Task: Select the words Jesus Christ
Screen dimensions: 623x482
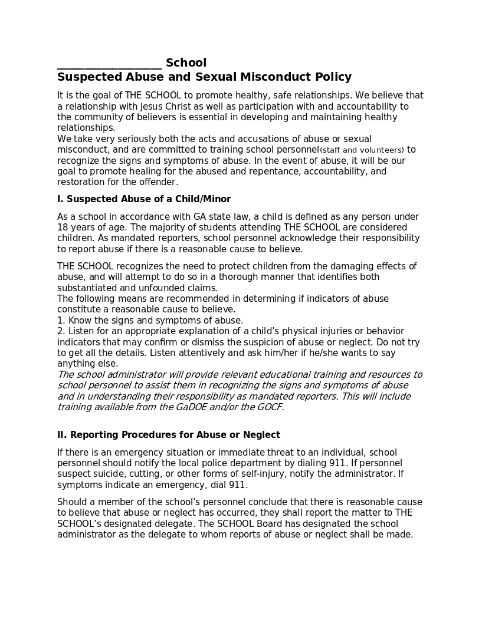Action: [x=166, y=106]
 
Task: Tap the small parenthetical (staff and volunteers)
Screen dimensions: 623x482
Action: [x=362, y=150]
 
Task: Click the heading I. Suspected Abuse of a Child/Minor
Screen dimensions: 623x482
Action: [x=144, y=199]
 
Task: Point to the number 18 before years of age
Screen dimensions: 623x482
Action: [x=62, y=228]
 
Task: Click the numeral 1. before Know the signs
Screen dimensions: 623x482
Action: [x=61, y=321]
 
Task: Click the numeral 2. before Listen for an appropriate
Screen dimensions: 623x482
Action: [x=61, y=331]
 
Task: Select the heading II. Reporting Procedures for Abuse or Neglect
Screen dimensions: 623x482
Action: [x=168, y=435]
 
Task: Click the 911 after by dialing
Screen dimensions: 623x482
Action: [x=337, y=463]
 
